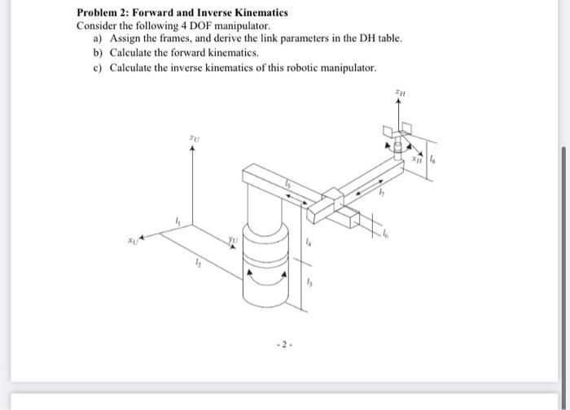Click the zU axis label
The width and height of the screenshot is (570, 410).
coord(193,139)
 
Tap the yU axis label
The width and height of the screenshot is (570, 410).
coord(233,240)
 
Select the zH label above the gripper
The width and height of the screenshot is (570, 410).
coord(400,95)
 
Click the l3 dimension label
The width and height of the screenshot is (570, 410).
coord(309,281)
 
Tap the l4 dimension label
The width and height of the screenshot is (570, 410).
coord(307,242)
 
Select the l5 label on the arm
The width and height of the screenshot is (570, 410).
coord(287,186)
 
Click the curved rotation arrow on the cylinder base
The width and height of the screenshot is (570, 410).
coord(266,276)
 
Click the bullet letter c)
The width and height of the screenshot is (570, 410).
coord(98,66)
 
